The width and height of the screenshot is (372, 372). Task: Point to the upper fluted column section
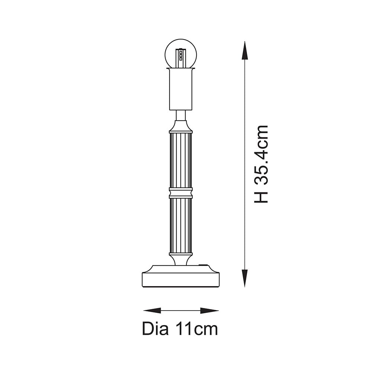click(181, 160)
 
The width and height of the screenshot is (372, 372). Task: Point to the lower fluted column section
click(181, 225)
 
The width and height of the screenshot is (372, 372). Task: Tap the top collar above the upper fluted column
click(181, 129)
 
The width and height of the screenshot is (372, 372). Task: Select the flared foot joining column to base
click(181, 258)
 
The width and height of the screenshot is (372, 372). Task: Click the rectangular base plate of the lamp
click(181, 279)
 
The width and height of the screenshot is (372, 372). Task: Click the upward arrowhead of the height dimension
click(244, 50)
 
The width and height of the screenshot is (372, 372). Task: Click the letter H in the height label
click(261, 196)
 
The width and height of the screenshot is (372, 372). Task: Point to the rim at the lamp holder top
click(181, 69)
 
